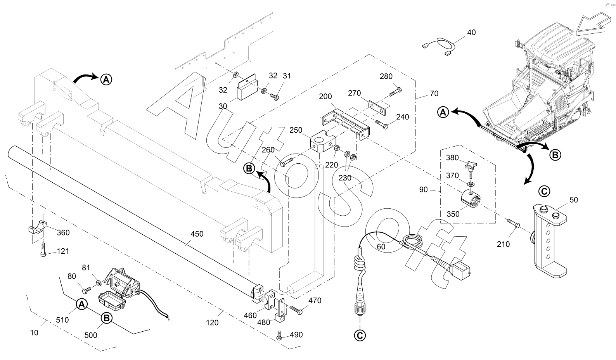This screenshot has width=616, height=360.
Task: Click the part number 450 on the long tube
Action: (x=197, y=234)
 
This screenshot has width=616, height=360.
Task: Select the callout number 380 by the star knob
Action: (x=452, y=158)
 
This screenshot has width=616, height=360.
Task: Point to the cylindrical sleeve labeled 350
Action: (x=470, y=199)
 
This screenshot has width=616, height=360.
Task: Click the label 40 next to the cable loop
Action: (x=471, y=33)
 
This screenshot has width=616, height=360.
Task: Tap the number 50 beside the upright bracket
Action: (x=573, y=200)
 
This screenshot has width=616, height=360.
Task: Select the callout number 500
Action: (x=91, y=336)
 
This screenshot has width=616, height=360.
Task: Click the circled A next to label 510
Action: (x=81, y=304)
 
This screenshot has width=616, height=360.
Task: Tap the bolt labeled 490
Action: (x=279, y=336)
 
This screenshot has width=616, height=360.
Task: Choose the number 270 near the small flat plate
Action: (x=354, y=93)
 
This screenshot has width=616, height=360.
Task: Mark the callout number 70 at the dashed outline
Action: (x=434, y=93)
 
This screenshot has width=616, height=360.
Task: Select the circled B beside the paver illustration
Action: (x=555, y=154)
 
